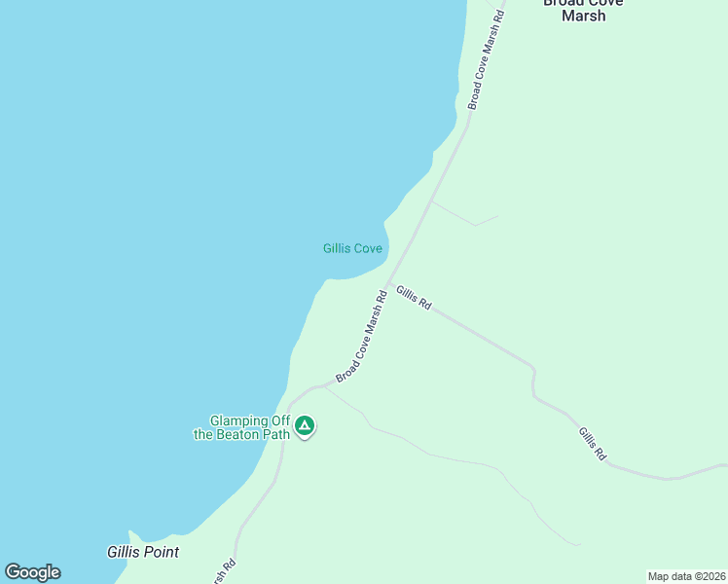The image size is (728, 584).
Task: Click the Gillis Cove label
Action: [352, 248]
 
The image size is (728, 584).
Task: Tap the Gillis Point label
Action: [142, 551]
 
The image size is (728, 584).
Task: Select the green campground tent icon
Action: [305, 426]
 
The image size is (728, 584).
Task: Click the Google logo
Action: [32, 572]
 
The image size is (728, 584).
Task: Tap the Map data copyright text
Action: [687, 576]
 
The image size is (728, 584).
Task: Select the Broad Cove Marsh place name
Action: [584, 9]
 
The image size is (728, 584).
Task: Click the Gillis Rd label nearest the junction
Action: [414, 298]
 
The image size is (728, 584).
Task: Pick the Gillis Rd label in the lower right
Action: [593, 444]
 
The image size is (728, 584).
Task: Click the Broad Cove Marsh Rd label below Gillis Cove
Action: [362, 337]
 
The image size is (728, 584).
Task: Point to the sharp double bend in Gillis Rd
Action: [533, 381]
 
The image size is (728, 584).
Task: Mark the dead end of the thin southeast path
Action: [581, 545]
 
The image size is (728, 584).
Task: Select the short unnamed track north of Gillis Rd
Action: [465, 215]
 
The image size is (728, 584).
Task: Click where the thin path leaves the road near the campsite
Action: [324, 386]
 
